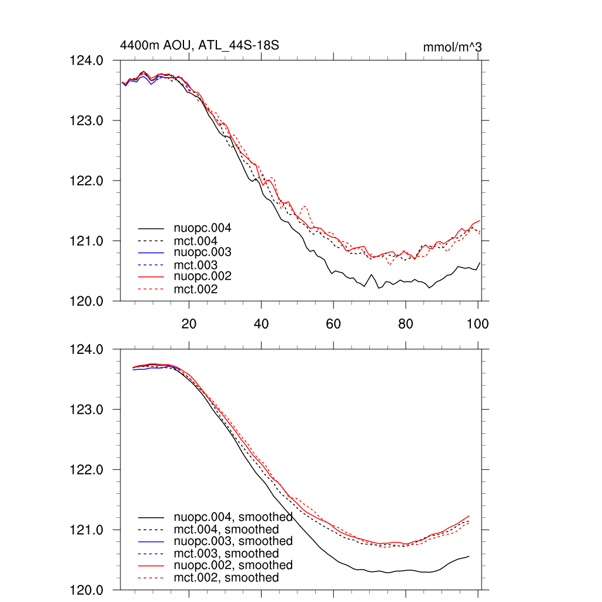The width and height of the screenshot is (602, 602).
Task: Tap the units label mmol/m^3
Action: [452, 46]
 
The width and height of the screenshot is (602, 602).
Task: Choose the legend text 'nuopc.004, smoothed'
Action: [233, 517]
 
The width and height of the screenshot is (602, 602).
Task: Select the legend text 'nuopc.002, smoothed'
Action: [233, 565]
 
